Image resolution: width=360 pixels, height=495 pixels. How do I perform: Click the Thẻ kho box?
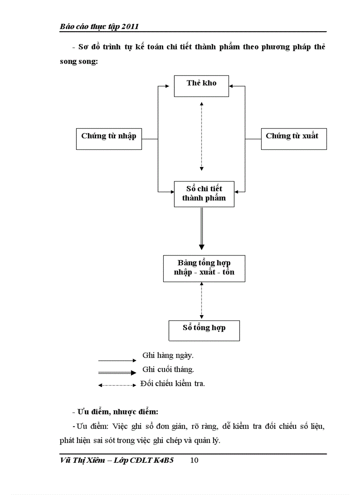coord(201,86)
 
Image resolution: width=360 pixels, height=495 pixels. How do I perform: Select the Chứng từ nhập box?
coord(109,138)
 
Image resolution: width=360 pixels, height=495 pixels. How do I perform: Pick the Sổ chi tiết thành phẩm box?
coord(204,194)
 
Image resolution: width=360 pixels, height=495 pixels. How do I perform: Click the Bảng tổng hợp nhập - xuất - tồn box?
coord(204,268)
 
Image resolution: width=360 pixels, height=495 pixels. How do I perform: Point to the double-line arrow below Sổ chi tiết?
coord(202,228)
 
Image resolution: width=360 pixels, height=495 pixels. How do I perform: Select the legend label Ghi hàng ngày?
coord(168,355)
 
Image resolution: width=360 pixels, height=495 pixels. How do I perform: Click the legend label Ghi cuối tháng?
coord(168,369)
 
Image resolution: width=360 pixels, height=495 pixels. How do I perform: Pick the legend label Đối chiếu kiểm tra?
coord(172,383)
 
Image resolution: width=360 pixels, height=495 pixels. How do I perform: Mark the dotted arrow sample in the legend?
coord(117,385)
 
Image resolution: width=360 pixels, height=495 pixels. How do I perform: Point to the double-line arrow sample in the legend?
coord(117,372)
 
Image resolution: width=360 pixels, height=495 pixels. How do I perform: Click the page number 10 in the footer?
coord(194,461)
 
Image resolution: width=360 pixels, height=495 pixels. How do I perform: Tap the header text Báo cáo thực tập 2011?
coord(99,26)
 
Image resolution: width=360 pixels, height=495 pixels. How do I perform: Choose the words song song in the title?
coord(79,62)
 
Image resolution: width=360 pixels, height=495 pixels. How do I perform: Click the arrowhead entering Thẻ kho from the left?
coord(171,86)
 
